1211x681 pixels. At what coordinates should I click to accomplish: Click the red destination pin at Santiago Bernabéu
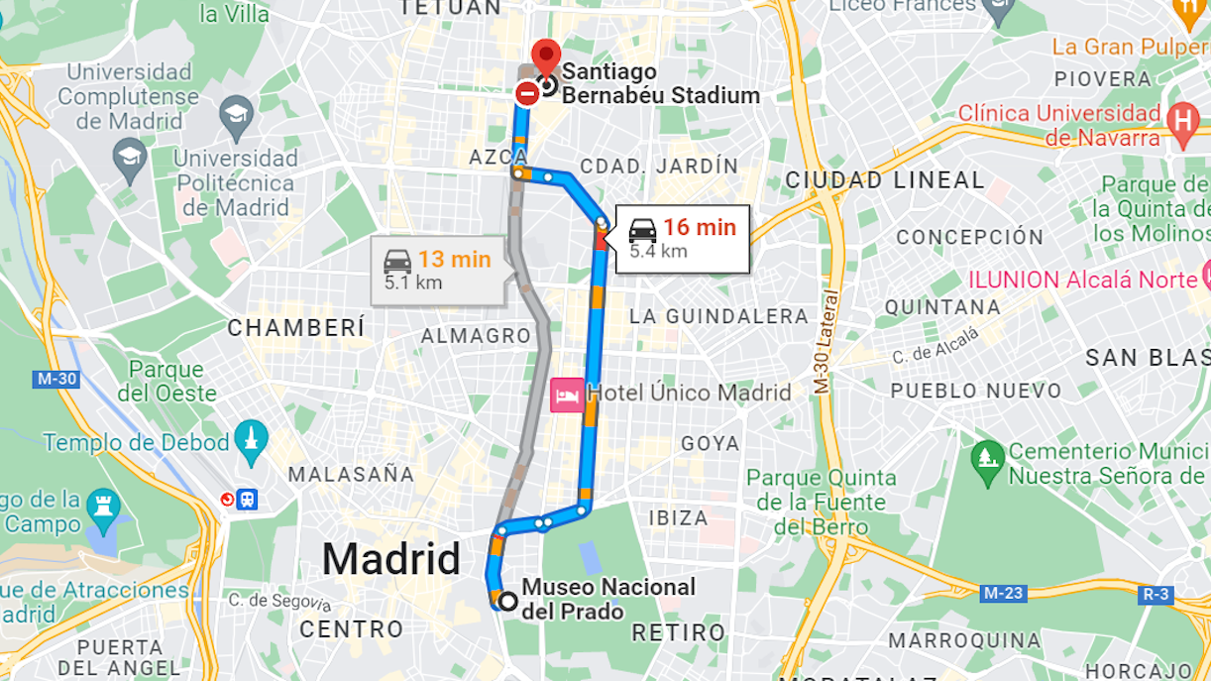545,55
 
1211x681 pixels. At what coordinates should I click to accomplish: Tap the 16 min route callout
683,238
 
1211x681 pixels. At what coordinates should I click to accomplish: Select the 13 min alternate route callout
437,269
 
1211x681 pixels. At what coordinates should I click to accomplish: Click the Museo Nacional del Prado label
607,599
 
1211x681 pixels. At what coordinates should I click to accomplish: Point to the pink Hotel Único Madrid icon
566,396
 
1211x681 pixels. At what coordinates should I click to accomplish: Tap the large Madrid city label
391,559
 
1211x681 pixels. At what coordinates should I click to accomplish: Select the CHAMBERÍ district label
296,328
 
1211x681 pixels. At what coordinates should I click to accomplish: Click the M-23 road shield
1004,594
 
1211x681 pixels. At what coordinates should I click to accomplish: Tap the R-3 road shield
1156,594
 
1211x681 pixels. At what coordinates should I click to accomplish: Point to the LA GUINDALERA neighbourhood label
719,316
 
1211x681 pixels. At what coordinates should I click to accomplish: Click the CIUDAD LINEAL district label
885,180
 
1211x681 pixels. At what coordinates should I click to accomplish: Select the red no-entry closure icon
527,94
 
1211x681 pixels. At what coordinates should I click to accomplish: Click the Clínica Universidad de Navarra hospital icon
1181,119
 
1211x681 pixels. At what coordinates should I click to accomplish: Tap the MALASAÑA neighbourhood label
351,474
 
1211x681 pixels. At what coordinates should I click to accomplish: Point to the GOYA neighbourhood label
710,443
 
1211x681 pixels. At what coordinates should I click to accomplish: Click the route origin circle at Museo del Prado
508,601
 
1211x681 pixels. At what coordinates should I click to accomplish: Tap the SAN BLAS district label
1147,358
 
